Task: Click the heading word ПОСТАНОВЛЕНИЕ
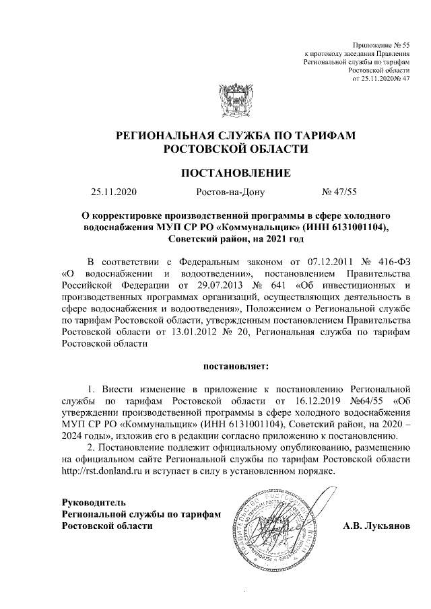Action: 236,173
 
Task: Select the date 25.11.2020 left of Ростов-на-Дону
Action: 114,192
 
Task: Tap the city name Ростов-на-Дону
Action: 230,192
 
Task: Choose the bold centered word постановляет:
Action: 236,366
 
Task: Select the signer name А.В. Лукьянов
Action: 376,525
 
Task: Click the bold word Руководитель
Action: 94,502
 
